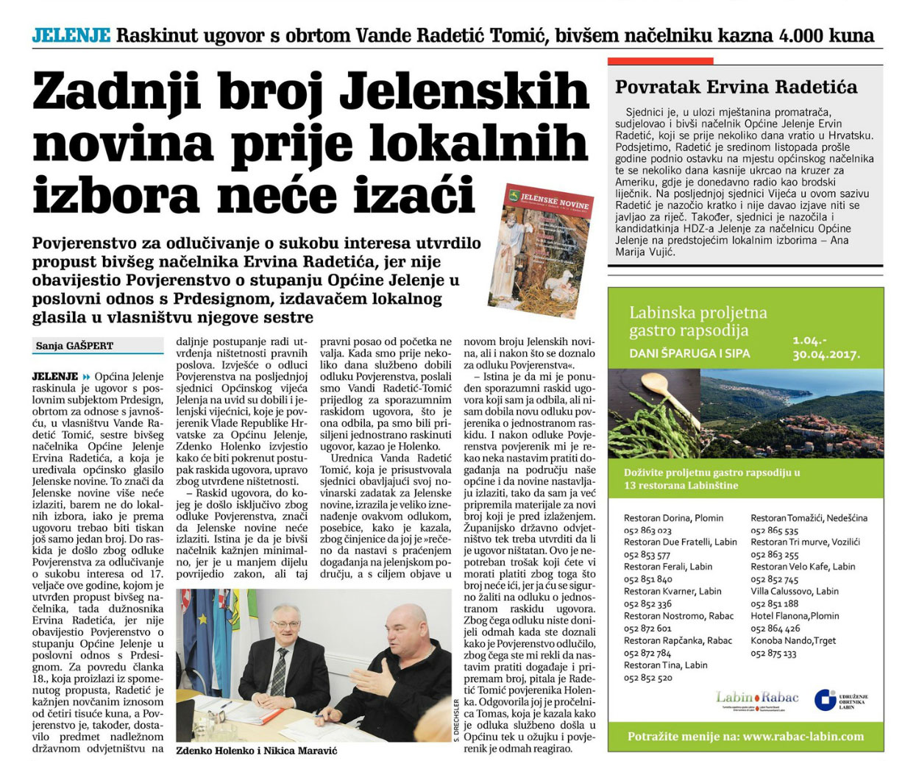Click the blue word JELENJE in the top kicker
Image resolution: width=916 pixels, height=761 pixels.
[x=71, y=35]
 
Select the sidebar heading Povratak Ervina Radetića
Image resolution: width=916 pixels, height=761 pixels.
[x=736, y=88]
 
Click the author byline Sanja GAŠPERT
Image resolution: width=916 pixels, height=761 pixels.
[x=74, y=345]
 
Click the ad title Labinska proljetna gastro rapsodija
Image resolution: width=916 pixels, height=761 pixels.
[x=698, y=322]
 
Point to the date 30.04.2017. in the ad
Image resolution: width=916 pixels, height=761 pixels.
[x=826, y=354]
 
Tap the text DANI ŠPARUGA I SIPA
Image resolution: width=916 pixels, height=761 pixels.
[x=689, y=353]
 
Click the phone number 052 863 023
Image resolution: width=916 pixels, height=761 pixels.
[x=647, y=531]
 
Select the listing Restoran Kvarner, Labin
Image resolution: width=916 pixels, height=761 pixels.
[x=672, y=591]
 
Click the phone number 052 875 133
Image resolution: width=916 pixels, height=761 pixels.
[x=773, y=653]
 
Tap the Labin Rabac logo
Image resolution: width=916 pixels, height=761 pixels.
[x=757, y=698]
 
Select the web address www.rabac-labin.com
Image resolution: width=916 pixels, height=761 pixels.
[x=803, y=736]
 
